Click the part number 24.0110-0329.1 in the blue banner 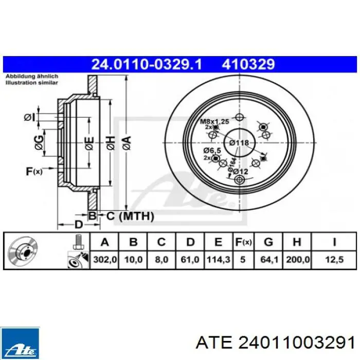click(x=147, y=64)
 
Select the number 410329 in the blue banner click(x=248, y=64)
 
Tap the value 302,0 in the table click(x=105, y=260)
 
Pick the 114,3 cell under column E click(x=219, y=260)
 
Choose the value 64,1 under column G click(x=269, y=260)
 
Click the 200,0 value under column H click(x=298, y=260)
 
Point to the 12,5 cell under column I click(x=334, y=260)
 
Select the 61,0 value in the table click(x=190, y=260)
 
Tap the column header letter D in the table click(x=190, y=242)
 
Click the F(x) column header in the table click(x=243, y=242)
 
